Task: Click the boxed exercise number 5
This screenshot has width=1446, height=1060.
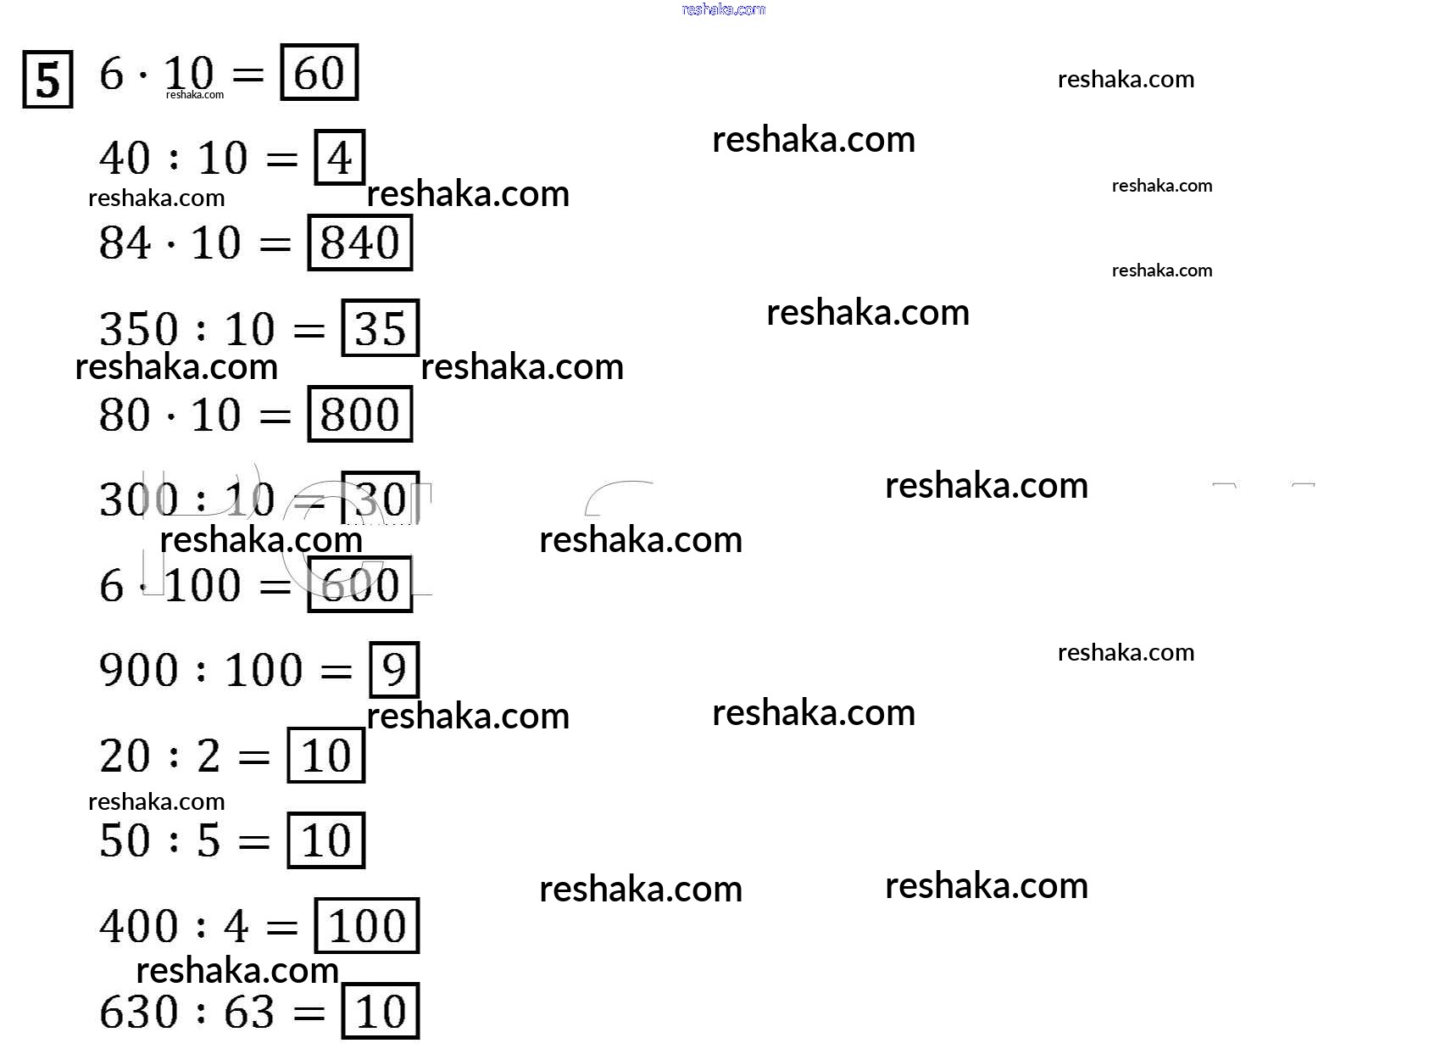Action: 47,81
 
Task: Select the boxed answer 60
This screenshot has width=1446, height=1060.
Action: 319,73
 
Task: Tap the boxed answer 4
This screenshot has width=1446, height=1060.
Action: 339,158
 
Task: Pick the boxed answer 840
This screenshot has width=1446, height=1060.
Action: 359,243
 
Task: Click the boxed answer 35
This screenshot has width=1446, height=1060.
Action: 380,328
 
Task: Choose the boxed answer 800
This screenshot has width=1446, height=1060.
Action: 359,415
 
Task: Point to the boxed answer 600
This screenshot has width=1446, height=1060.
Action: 359,585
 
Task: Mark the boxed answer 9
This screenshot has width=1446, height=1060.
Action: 394,670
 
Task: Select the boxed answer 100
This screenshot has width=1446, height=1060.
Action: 366,926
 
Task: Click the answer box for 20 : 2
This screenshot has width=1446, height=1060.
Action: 325,756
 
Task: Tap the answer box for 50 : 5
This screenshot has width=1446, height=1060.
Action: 325,840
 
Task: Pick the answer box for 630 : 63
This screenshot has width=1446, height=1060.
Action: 380,1011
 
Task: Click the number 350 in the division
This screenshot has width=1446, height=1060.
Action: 138,329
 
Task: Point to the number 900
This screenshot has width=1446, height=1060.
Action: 138,670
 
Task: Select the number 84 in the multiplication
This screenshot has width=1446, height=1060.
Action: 125,243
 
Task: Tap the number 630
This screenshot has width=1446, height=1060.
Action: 138,1012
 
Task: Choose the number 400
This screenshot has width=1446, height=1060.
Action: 138,926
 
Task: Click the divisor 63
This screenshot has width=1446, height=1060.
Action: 249,1012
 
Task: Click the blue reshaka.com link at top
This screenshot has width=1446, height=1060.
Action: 723,9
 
